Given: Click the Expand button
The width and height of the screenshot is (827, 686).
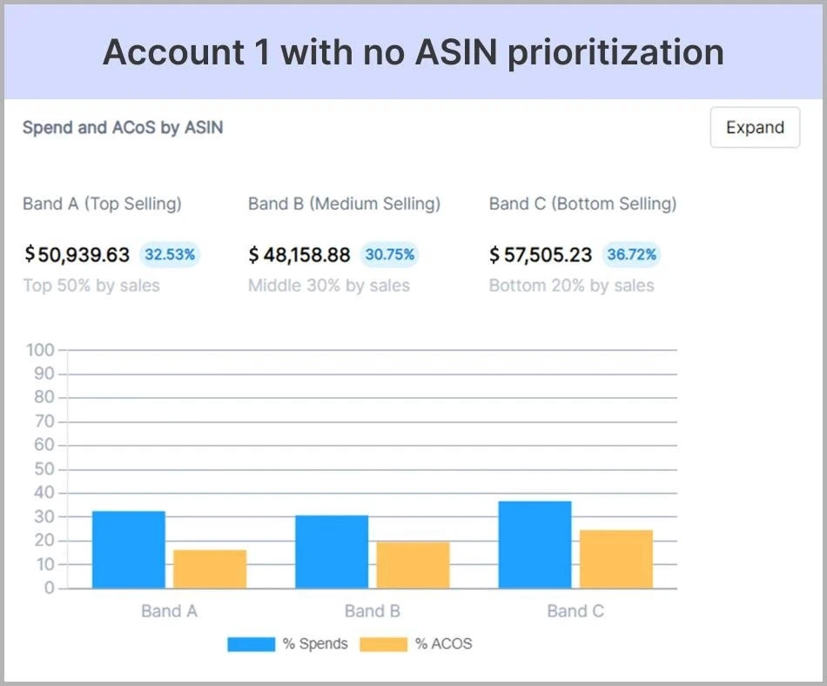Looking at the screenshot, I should tap(754, 127).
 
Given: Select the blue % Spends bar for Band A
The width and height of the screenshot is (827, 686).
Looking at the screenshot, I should tap(128, 549).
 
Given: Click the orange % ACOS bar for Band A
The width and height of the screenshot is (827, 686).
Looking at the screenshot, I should tap(210, 568).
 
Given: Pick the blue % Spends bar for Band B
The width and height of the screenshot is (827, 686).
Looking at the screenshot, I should tap(332, 551).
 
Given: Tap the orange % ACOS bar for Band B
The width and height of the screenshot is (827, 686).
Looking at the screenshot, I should tap(413, 564).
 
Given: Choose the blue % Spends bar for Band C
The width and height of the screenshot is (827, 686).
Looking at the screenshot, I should tap(535, 544).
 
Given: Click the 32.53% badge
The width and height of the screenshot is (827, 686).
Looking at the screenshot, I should tap(171, 255).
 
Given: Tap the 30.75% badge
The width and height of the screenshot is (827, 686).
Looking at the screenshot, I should tap(389, 255).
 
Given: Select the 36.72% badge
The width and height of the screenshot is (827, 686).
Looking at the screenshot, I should tap(632, 255).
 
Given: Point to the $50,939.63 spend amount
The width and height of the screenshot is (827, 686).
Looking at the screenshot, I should tap(77, 255).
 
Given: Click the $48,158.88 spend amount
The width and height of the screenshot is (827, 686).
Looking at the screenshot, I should tap(299, 255).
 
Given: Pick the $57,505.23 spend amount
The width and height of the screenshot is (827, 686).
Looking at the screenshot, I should tap(541, 255).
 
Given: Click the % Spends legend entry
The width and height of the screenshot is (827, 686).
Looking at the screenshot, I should tap(288, 644).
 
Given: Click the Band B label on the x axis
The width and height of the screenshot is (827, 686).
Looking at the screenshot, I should tap(372, 611).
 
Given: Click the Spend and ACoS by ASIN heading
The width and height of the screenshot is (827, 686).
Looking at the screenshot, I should tap(123, 127).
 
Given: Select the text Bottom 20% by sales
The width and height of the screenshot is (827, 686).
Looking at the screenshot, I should tap(571, 286).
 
